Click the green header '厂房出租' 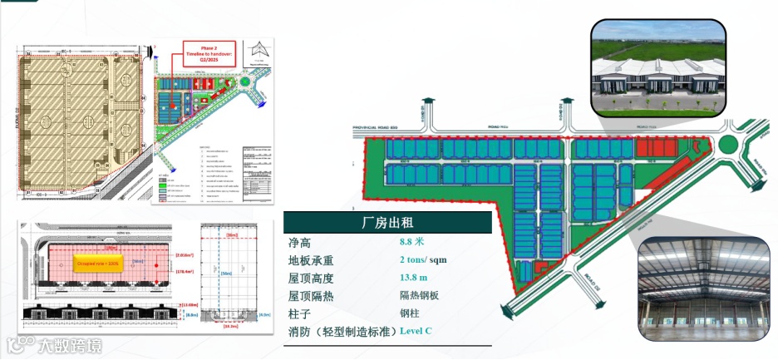tap(388, 223)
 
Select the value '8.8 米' tap(412, 242)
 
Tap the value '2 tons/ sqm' tap(423, 259)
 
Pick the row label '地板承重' tap(311, 260)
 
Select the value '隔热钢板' tap(421, 295)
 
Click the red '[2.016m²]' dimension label tap(185, 256)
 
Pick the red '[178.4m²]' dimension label tap(185, 271)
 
